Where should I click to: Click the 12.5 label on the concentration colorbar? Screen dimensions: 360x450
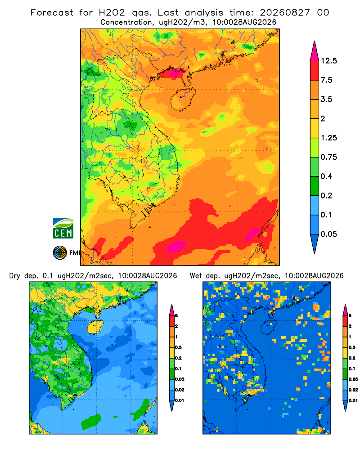click(x=328, y=61)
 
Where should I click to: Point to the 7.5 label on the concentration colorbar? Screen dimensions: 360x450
click(x=326, y=80)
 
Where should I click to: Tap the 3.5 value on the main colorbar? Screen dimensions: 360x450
click(x=326, y=99)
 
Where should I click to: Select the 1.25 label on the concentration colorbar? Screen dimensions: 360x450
click(x=328, y=138)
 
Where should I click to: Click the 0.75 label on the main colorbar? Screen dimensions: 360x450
click(x=328, y=157)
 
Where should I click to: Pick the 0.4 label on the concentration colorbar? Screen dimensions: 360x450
click(x=326, y=176)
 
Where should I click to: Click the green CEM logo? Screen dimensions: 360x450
click(x=63, y=229)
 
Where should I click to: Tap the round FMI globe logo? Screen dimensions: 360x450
click(x=60, y=252)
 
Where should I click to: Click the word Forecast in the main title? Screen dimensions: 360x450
click(x=52, y=13)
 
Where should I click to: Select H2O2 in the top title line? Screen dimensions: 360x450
click(x=112, y=13)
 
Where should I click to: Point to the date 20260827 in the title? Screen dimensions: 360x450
click(x=285, y=13)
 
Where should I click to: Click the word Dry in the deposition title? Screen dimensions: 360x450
click(x=15, y=276)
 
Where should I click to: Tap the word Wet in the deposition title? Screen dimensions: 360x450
click(x=196, y=276)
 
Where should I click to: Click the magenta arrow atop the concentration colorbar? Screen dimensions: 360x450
click(x=315, y=51)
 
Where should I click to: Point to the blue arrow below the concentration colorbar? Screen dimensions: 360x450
click(x=315, y=243)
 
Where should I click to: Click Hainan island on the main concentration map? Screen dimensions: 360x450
click(x=183, y=99)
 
